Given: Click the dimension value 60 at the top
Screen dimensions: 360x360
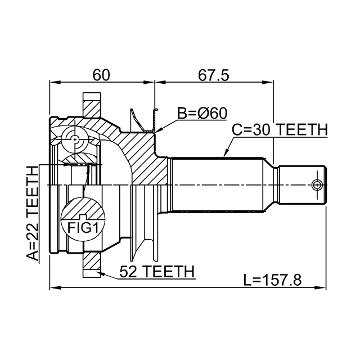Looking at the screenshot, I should [x=101, y=74].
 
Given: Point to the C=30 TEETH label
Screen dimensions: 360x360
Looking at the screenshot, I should [x=280, y=130].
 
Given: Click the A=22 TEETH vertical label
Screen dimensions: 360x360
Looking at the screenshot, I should [x=34, y=214].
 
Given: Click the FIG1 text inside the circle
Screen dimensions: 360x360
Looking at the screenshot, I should [x=83, y=228].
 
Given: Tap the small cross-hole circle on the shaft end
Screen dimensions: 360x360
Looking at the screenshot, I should [x=317, y=184].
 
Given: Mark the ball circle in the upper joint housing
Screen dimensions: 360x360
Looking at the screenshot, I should [x=74, y=138].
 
